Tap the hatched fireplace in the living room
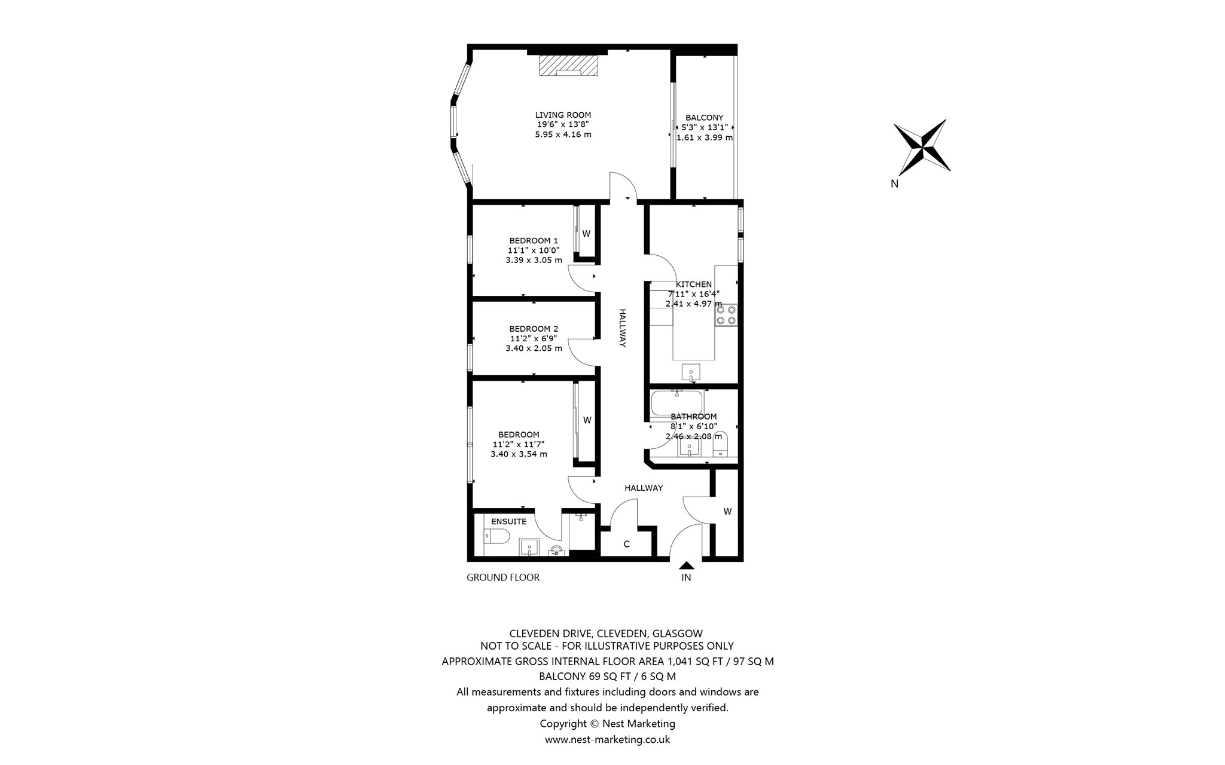click(150, 66)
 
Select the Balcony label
click(704, 118)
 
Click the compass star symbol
click(922, 145)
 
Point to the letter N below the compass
click(894, 184)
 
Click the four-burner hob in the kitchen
click(726, 315)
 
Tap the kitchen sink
click(691, 372)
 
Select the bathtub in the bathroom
click(677, 403)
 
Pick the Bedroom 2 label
click(534, 329)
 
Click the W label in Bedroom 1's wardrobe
click(586, 234)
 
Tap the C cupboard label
click(627, 544)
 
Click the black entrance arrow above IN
click(687, 565)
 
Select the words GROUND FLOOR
click(503, 577)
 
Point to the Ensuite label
click(508, 522)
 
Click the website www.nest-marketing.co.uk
click(607, 740)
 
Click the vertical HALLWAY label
click(622, 328)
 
